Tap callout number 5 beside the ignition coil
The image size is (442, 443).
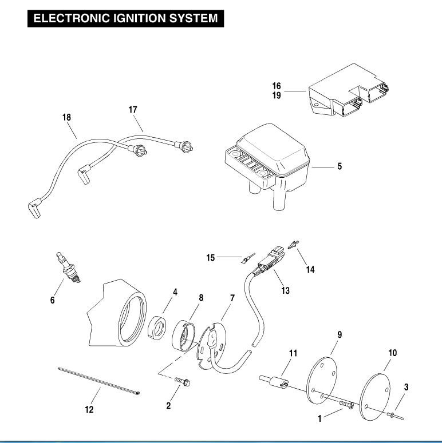click(340, 167)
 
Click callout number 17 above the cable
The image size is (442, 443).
click(133, 109)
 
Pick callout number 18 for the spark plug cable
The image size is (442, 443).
click(67, 118)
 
